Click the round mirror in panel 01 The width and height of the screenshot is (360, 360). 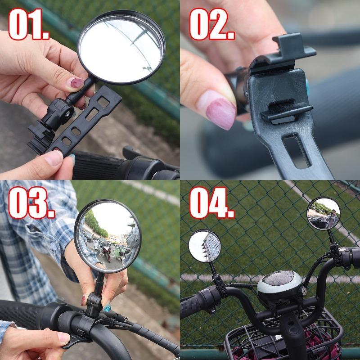coord(121,47)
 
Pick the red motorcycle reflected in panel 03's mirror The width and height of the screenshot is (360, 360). coord(107,252)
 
